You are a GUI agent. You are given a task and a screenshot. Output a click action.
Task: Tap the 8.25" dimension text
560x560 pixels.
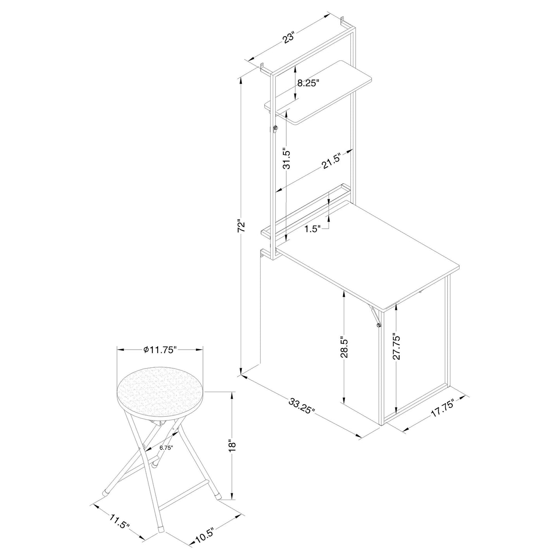[308, 83]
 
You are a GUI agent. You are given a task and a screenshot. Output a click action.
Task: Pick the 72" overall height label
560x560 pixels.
[241, 227]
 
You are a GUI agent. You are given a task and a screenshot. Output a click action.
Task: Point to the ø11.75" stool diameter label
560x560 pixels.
[160, 350]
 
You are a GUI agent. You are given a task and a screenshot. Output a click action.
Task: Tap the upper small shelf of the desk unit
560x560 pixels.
[318, 93]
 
